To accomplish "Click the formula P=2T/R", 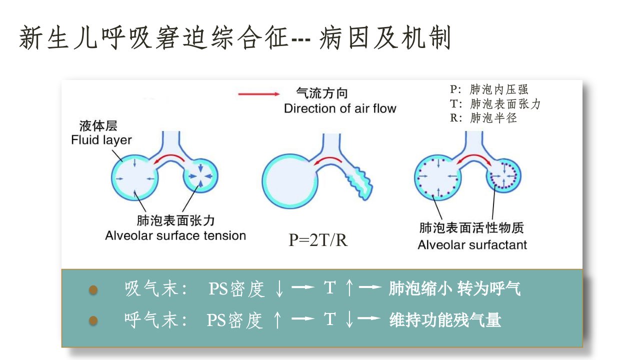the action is click(318, 240).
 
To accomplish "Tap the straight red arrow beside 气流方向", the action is click(259, 94).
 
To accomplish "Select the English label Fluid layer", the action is click(101, 140).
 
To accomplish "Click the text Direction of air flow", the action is click(340, 108).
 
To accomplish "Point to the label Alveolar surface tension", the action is click(175, 235).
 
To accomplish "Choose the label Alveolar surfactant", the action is click(472, 245).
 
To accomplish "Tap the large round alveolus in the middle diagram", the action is click(289, 181).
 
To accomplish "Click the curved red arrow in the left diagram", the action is click(169, 158).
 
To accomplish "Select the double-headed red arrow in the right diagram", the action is click(474, 157).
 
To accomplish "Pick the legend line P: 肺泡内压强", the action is click(489, 89).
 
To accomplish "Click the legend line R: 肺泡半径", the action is click(483, 117).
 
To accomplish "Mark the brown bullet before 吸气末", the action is click(93, 289).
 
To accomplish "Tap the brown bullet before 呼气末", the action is click(93, 320).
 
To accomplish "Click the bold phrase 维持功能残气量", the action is click(445, 319).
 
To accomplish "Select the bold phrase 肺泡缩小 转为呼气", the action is click(454, 288).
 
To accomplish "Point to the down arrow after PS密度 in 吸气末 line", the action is click(279, 288).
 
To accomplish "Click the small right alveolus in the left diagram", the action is click(200, 175).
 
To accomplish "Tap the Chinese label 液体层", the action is click(98, 125).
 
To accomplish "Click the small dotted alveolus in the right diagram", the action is click(503, 175).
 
